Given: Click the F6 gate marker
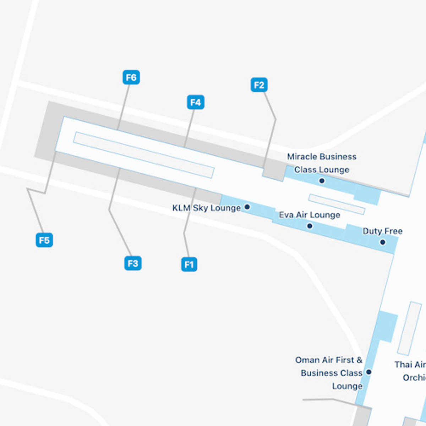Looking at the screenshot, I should [x=131, y=77].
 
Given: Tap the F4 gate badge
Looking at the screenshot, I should [x=196, y=102].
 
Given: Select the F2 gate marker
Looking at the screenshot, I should [x=259, y=85].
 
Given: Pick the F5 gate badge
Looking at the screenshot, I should [x=44, y=240].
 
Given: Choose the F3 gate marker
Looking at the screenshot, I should [x=133, y=263].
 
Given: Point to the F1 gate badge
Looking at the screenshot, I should [x=189, y=264].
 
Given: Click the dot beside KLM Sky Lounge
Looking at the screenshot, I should [x=247, y=207].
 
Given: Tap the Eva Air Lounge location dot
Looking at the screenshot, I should [x=310, y=226].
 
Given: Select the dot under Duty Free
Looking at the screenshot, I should [x=382, y=242].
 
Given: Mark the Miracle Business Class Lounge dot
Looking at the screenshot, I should [x=322, y=181].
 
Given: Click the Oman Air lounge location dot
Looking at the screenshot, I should [x=368, y=372].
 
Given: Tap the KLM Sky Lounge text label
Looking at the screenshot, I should [x=206, y=208].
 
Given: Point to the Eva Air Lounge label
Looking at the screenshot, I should [x=309, y=215].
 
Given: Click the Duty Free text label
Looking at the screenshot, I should [x=382, y=231].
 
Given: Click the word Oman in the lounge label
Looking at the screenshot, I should [x=307, y=360].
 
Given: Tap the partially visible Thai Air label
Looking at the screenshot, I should [x=410, y=365].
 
